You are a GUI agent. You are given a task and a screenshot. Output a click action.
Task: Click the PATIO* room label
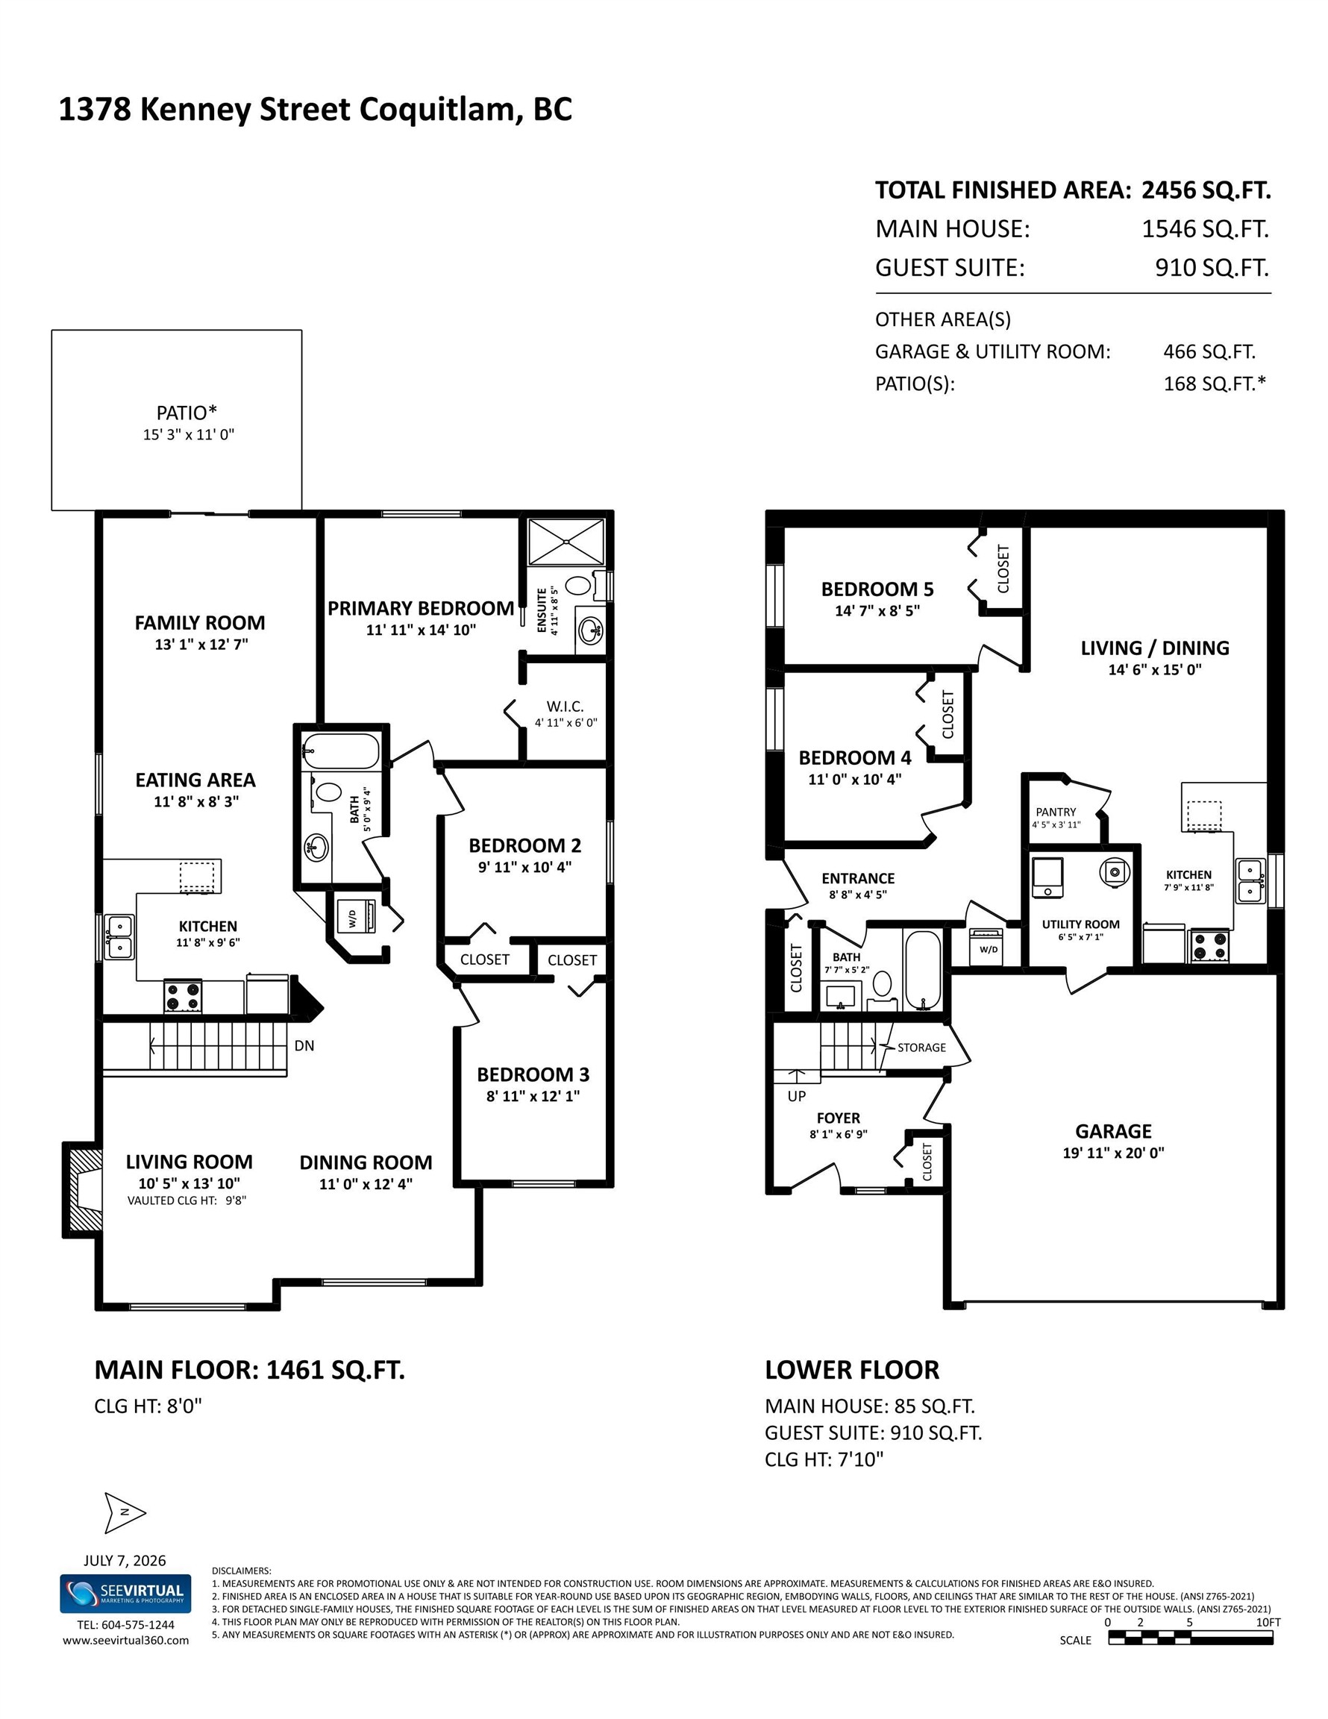click(187, 413)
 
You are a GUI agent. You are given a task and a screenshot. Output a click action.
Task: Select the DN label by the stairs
click(304, 1046)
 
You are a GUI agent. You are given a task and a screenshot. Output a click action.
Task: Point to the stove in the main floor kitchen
click(183, 997)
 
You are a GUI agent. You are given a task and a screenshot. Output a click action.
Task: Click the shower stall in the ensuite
click(567, 542)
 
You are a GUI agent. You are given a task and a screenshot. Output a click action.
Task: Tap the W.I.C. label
click(566, 707)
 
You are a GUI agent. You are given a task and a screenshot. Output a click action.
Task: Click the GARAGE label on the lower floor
click(1113, 1132)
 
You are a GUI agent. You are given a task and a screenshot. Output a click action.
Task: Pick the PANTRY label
click(1056, 812)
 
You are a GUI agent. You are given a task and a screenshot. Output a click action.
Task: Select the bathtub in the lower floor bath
click(923, 971)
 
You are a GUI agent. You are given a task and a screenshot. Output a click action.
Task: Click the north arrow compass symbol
click(125, 1513)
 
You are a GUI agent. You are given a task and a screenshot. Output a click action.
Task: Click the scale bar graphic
click(1190, 1638)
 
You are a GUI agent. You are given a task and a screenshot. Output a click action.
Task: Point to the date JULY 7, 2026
click(125, 1561)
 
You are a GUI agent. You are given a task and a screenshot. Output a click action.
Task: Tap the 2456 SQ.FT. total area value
click(1206, 190)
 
